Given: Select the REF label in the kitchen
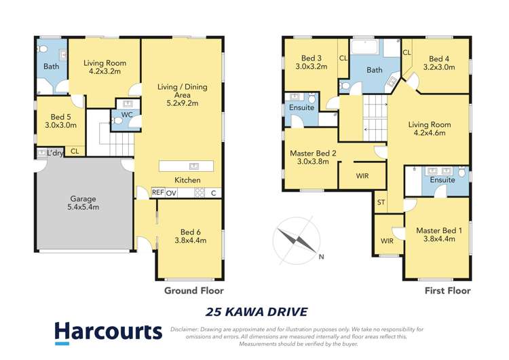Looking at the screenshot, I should (x=157, y=193).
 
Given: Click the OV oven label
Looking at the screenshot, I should (x=171, y=193).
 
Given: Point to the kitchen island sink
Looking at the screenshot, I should (x=193, y=166).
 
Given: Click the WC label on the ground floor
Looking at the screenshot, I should (x=126, y=105).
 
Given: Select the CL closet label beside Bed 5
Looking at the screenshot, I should (x=74, y=151).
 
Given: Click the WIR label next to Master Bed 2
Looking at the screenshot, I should (x=363, y=175).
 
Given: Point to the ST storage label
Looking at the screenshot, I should (x=381, y=202).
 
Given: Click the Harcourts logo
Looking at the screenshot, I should (x=108, y=331).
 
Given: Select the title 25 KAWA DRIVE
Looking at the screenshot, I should (x=256, y=312).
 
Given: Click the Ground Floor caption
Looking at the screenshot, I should (x=193, y=291).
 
